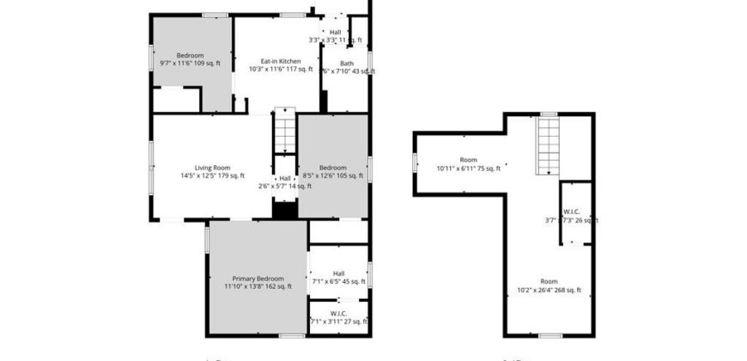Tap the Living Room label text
point(212,168)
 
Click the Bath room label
point(346,62)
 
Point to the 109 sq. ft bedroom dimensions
point(191,64)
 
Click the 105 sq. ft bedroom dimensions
point(333,175)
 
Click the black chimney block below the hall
point(284,210)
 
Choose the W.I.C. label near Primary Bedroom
point(337,314)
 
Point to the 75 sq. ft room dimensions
point(468,168)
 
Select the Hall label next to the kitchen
point(335,33)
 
